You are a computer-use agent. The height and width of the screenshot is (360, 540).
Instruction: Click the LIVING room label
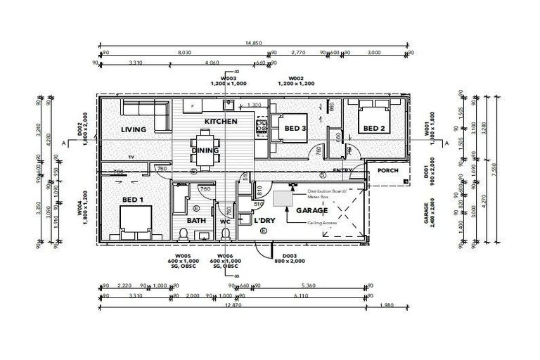click(x=133, y=130)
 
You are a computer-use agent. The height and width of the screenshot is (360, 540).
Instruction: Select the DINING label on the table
click(x=205, y=150)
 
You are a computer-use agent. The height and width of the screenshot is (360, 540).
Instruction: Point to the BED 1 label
click(x=132, y=200)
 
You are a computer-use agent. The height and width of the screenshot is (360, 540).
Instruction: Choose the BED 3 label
click(x=295, y=129)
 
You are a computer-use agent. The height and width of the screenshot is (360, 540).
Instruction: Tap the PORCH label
click(x=389, y=171)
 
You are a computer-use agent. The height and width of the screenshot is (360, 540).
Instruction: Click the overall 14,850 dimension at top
click(x=254, y=44)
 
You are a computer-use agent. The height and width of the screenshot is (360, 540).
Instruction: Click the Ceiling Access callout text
click(x=322, y=223)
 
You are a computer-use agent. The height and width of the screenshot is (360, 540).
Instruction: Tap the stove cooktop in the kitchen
click(x=262, y=127)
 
